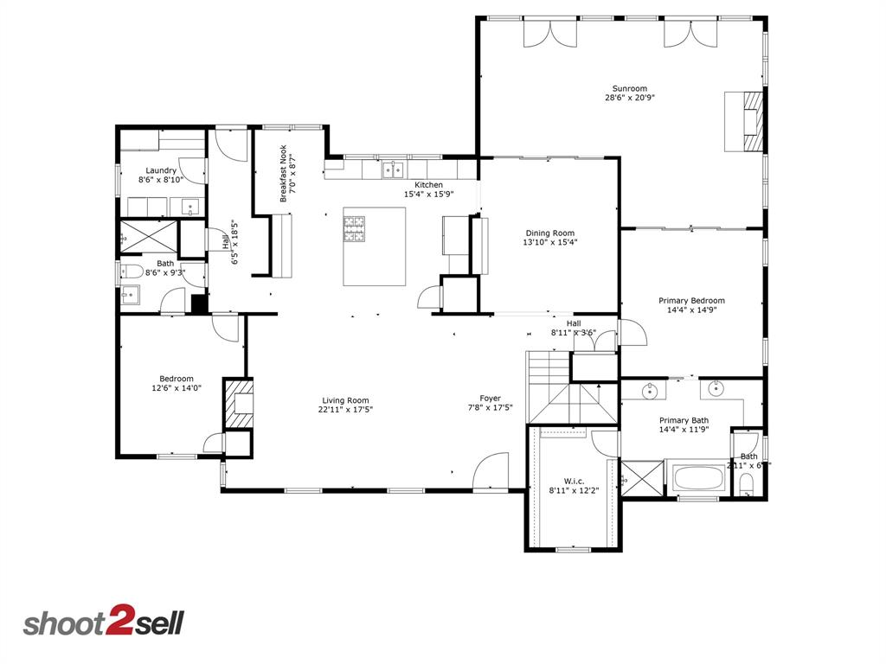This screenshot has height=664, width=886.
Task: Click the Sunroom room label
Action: pos(629,88)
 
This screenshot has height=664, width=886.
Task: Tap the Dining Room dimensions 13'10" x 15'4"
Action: pos(549,243)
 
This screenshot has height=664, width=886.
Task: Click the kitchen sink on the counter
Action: pos(394,169)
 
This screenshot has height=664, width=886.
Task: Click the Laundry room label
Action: pos(161,170)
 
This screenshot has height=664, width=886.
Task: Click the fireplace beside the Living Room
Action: pos(240,404)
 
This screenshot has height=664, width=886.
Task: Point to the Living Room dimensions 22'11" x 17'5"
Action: pos(345,411)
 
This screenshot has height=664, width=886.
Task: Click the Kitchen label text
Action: pos(428,185)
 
